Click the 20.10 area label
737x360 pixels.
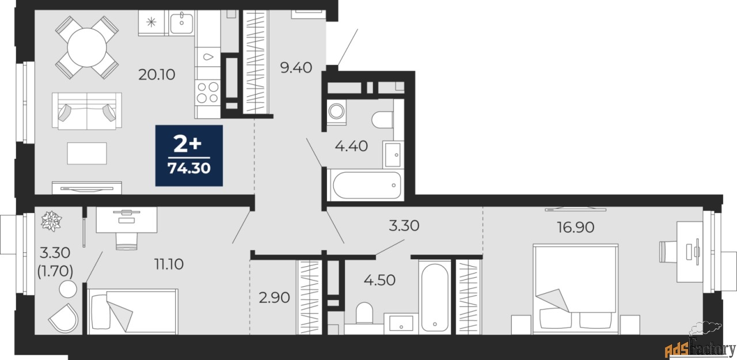coord(156,74)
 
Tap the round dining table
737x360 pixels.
coord(87,47)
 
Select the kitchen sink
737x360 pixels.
coord(182,22)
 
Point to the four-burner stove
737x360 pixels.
coord(207,92)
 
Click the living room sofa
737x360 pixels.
coord(87,111)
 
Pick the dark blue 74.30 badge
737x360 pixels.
coord(189,156)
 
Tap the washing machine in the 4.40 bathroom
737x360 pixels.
coord(336,111)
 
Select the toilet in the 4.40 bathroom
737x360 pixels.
coord(382,119)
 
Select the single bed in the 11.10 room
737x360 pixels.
coord(132,311)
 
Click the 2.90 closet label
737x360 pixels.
coord(274,298)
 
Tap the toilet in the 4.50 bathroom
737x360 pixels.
coord(364,314)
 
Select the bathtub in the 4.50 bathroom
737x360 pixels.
coord(435,297)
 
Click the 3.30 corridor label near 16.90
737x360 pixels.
coord(404,225)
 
